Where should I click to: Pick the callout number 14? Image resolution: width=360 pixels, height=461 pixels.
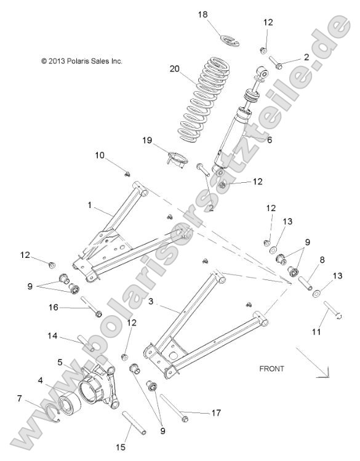pyautogui.click(x=53, y=336)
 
